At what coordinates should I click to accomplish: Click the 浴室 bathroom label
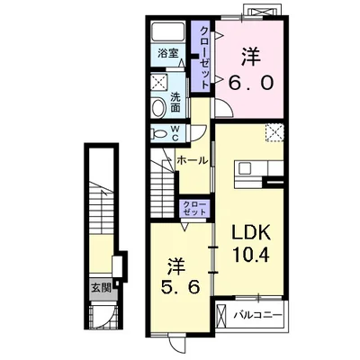[168, 54]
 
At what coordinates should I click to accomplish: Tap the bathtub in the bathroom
[167, 31]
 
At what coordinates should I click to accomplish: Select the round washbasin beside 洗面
[159, 107]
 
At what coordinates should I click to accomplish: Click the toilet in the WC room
[159, 132]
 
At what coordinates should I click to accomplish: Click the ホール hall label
[192, 160]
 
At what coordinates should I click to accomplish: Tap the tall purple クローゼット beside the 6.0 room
[202, 57]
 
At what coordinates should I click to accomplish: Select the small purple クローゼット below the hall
[194, 209]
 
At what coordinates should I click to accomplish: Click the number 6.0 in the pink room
[251, 82]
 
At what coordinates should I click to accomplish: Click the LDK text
[250, 232]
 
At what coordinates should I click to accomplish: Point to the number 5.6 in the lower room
[180, 288]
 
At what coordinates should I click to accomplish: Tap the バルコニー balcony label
[258, 315]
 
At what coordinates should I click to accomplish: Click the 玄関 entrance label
[102, 289]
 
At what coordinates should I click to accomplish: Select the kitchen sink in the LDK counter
[245, 168]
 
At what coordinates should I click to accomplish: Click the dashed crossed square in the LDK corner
[274, 132]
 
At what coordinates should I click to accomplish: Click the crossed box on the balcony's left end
[220, 317]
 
